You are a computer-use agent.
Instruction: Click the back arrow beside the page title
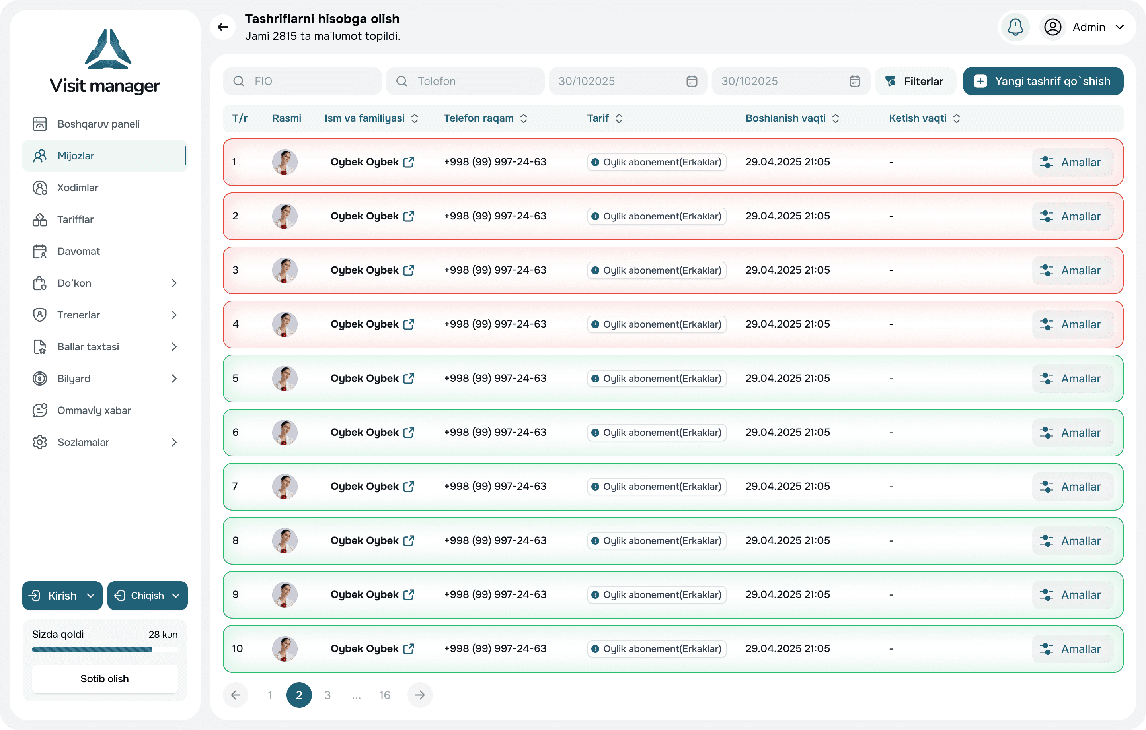[223, 27]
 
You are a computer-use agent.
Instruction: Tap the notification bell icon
[1015, 27]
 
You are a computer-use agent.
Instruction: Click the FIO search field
[302, 82]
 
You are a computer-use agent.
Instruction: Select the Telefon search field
[465, 82]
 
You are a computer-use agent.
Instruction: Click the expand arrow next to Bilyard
[174, 379]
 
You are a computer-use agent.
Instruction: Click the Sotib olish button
[105, 679]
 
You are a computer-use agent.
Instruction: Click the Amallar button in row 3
[1073, 270]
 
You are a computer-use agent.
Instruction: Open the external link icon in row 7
[408, 487]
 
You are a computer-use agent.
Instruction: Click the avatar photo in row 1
[285, 162]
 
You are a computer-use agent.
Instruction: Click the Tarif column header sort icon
[619, 118]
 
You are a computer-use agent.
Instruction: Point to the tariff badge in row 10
[657, 648]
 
